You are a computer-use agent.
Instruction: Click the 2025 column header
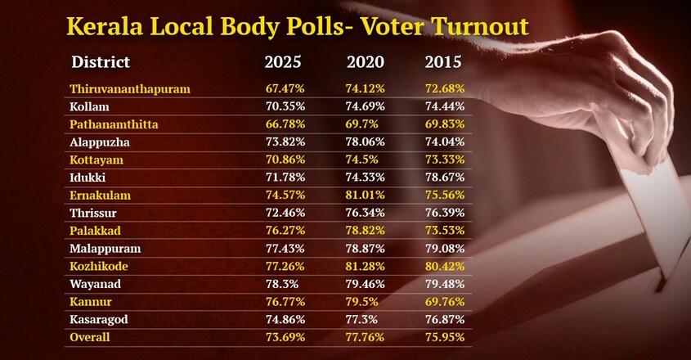(x=283, y=61)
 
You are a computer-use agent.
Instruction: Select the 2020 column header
(x=366, y=61)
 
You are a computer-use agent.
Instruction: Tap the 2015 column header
(x=443, y=61)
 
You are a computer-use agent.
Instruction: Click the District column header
(x=101, y=61)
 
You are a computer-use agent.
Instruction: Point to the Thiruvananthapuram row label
(x=130, y=89)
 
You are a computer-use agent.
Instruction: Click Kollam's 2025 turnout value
(x=285, y=106)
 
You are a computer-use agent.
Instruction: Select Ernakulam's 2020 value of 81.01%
(x=365, y=195)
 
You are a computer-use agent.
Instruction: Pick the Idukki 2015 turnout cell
(x=445, y=178)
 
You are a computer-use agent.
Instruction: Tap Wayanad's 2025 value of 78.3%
(x=282, y=284)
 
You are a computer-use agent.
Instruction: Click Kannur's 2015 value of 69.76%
(x=445, y=302)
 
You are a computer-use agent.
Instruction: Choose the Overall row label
(x=90, y=337)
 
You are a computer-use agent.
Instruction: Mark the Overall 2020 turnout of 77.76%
(x=365, y=337)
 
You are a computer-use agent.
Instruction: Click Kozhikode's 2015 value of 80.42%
(x=445, y=266)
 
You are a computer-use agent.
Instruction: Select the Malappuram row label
(x=105, y=249)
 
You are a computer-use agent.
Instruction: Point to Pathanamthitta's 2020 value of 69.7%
(x=361, y=124)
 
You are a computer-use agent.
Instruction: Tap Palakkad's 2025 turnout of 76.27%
(x=285, y=231)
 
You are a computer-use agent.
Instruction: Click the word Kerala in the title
(x=105, y=26)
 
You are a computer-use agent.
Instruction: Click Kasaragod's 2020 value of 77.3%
(x=361, y=319)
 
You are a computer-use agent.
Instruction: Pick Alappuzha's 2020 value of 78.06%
(x=365, y=142)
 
